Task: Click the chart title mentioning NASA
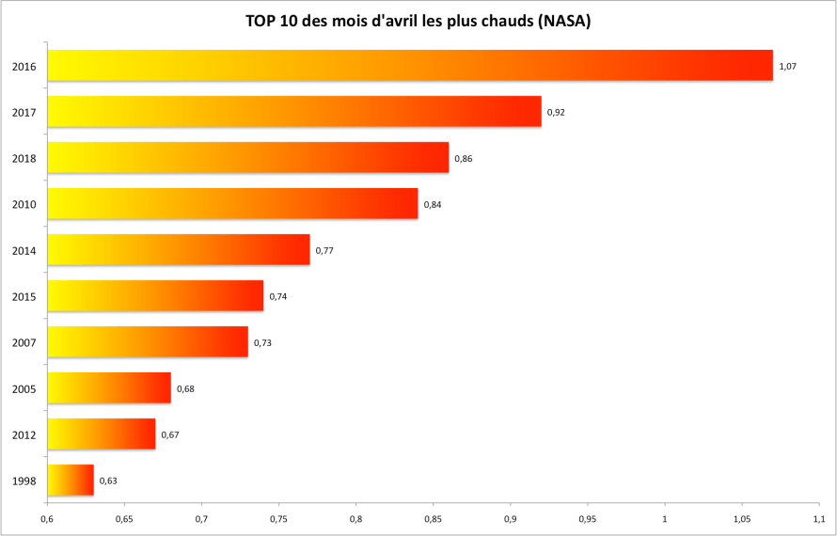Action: pos(418,21)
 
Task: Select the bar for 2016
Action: pos(409,66)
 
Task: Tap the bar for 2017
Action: pos(293,112)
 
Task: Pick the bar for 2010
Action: pos(231,204)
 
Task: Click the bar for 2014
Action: pos(178,250)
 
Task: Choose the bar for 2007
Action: pos(147,342)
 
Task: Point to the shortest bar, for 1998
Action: pos(70,481)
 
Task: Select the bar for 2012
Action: pos(101,434)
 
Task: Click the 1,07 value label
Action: pos(788,66)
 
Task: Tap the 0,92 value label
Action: pos(556,112)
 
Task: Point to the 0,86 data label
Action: pos(463,158)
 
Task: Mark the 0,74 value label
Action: pos(277,296)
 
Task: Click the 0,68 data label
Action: pos(185,388)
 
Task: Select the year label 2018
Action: pos(24,158)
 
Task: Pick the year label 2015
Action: pos(24,296)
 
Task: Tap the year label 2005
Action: pos(24,388)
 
